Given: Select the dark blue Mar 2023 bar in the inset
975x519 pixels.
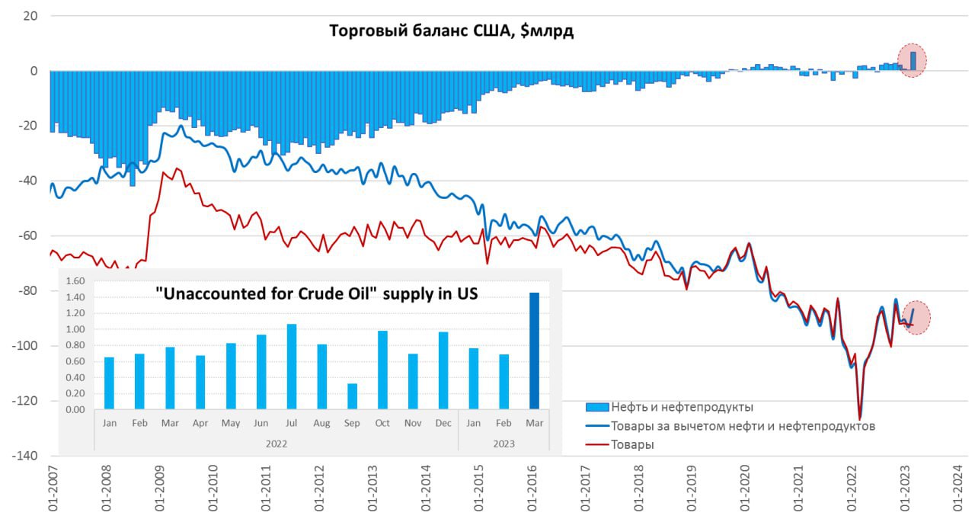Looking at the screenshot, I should click(534, 351).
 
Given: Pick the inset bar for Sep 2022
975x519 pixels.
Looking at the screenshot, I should click(352, 396).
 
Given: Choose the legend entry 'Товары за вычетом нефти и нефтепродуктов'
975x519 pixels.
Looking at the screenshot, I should click(743, 426).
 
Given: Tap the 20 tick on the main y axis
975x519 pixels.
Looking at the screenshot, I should click(31, 15).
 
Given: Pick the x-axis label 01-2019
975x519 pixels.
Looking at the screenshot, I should click(693, 488).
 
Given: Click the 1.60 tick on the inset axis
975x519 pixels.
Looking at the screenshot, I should click(76, 281).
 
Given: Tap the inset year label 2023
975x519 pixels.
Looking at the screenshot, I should click(503, 442).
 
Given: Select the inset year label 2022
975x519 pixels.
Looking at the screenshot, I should click(276, 442).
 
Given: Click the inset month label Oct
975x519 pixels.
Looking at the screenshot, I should click(382, 423).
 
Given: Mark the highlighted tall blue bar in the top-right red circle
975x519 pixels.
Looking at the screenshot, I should click(913, 61).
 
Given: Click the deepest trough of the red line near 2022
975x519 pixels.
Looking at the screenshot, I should click(859, 418).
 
